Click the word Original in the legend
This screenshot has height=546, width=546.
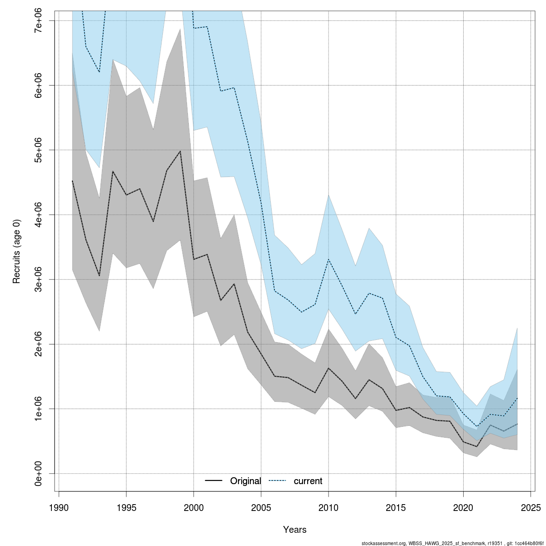coord(246,481)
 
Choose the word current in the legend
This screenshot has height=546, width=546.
coord(308,481)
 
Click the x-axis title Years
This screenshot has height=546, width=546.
coord(295,530)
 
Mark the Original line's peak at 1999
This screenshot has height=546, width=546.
coord(180,151)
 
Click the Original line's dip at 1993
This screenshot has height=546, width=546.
coord(99,276)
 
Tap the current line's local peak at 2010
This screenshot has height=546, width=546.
coord(329,259)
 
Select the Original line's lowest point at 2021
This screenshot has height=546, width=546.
coord(477,446)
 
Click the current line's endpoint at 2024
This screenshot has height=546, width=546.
coord(517,398)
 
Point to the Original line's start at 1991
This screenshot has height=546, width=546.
coord(72,181)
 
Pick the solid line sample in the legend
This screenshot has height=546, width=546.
coord(213,481)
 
